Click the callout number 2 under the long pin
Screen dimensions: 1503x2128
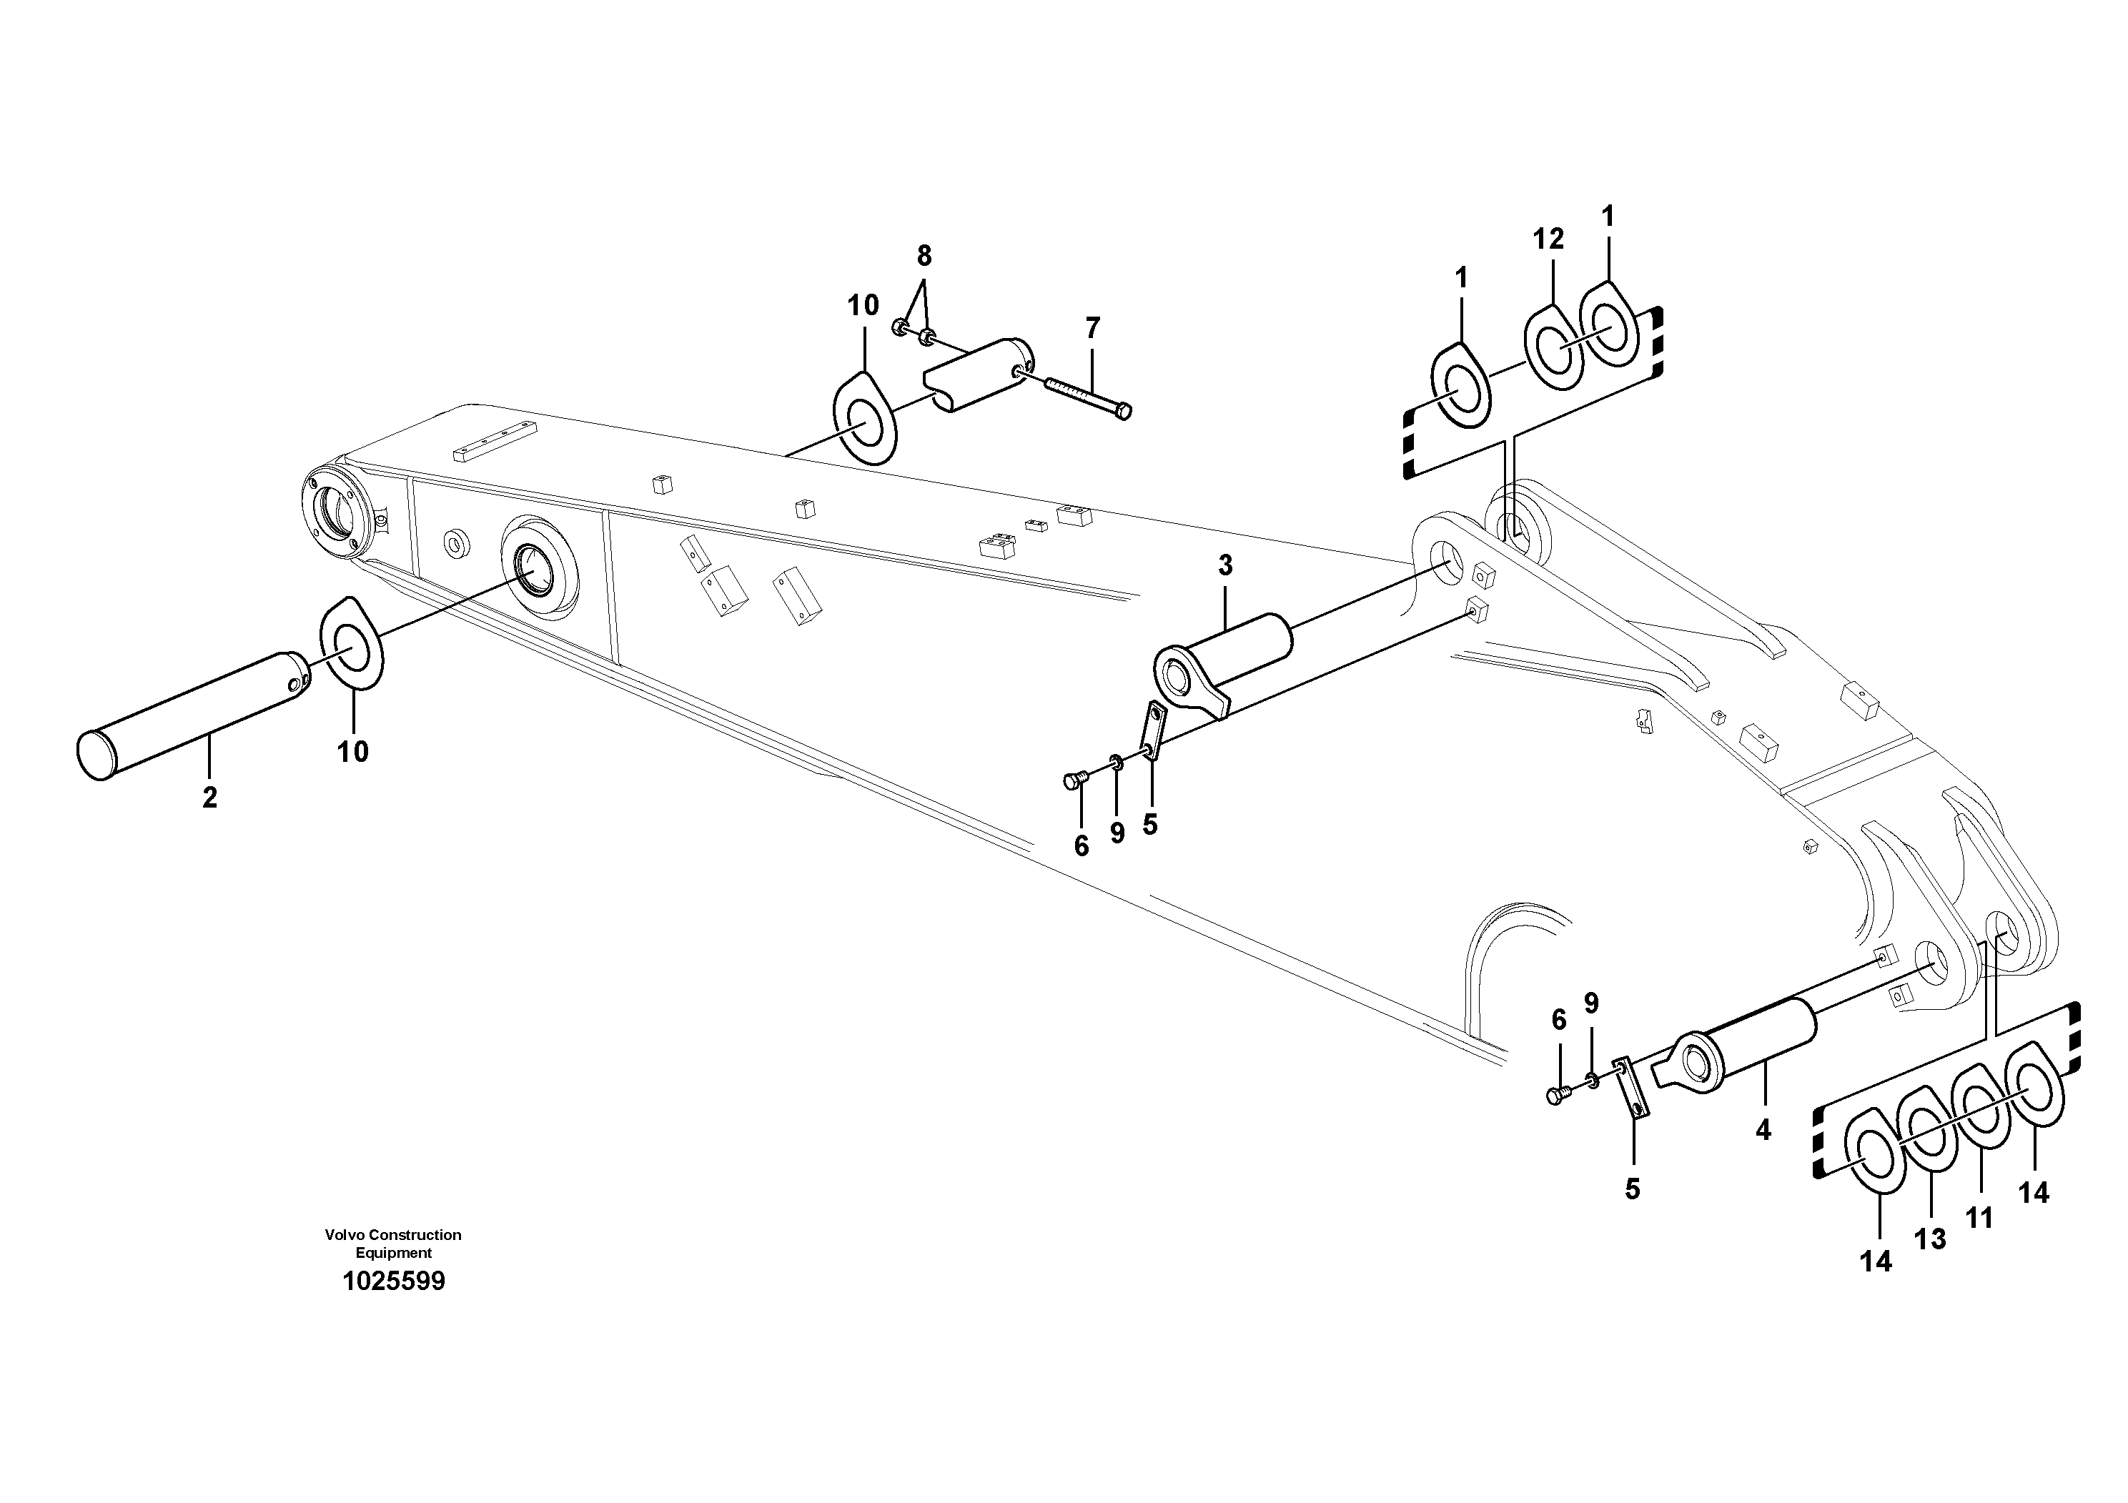[x=209, y=797]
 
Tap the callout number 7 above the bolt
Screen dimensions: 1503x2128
[x=1093, y=328]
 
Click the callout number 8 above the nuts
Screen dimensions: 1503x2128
[x=924, y=256]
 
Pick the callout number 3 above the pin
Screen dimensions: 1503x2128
[x=1225, y=566]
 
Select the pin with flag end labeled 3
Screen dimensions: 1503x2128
[x=1224, y=665]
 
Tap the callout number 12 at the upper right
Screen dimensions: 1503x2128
[x=1548, y=239]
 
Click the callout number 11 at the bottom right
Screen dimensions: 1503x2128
[x=1979, y=1218]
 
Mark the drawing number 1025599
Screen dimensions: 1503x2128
[x=394, y=1281]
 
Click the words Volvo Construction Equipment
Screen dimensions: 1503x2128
[x=393, y=1244]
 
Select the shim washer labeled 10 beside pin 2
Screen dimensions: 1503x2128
[x=352, y=643]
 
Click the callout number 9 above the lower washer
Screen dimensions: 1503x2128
[x=1591, y=1003]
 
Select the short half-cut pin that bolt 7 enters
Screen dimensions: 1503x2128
[x=977, y=374]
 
